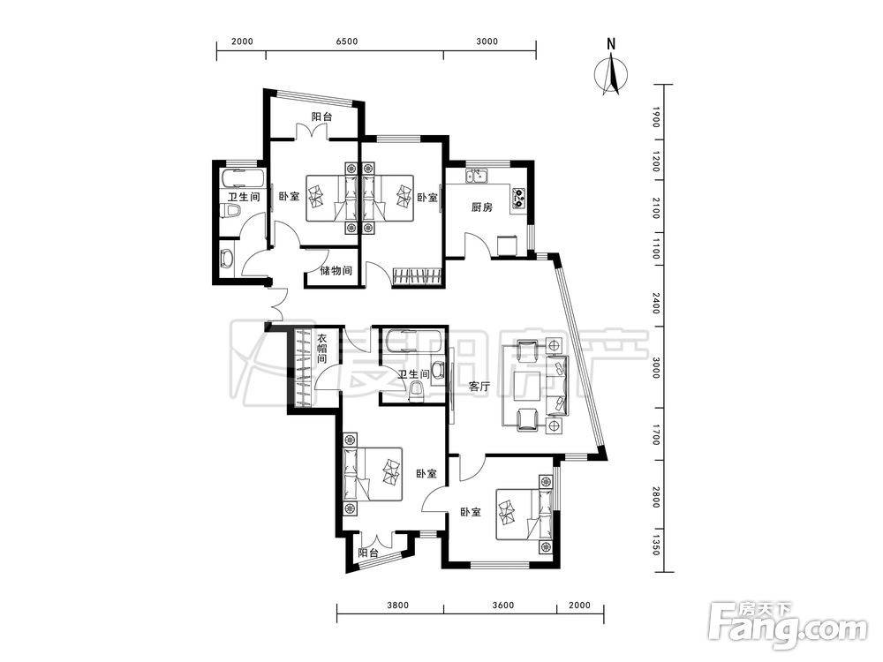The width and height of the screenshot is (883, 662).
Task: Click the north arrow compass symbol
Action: click(x=612, y=73)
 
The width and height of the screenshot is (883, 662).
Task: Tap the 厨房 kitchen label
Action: click(x=481, y=207)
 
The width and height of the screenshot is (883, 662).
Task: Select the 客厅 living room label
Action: click(x=479, y=387)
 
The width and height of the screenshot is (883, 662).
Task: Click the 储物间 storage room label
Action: click(x=336, y=271)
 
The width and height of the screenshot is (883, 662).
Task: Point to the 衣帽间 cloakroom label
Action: click(x=321, y=349)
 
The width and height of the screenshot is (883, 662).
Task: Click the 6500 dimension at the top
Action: click(x=347, y=41)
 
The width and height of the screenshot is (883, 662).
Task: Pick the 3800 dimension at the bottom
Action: click(x=397, y=606)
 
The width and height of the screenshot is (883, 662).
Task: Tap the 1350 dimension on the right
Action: click(x=655, y=545)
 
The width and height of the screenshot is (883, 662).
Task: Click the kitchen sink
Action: click(x=477, y=176)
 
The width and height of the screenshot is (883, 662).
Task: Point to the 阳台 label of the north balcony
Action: click(x=321, y=117)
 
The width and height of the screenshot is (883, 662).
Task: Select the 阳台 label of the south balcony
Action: click(x=367, y=553)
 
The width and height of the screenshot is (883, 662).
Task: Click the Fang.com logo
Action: click(x=788, y=624)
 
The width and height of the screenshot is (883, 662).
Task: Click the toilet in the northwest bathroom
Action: click(x=230, y=212)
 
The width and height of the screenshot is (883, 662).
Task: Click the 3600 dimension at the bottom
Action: click(x=503, y=606)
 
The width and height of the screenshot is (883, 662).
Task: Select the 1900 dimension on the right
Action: click(x=655, y=117)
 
